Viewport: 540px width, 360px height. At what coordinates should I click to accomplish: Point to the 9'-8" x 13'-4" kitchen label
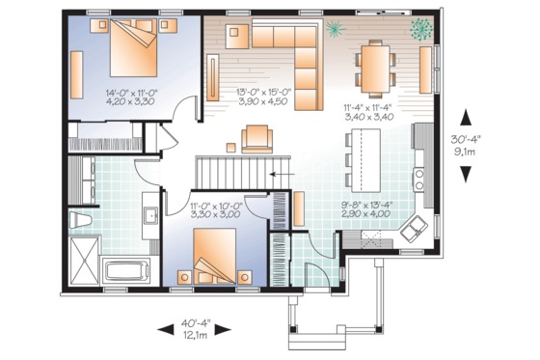366,209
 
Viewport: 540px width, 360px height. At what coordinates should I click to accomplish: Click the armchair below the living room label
257,140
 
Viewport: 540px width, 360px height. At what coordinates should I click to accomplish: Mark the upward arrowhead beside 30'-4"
466,118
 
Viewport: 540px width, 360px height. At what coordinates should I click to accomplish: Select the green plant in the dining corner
420,28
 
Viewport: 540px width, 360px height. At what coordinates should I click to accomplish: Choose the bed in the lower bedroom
218,258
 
